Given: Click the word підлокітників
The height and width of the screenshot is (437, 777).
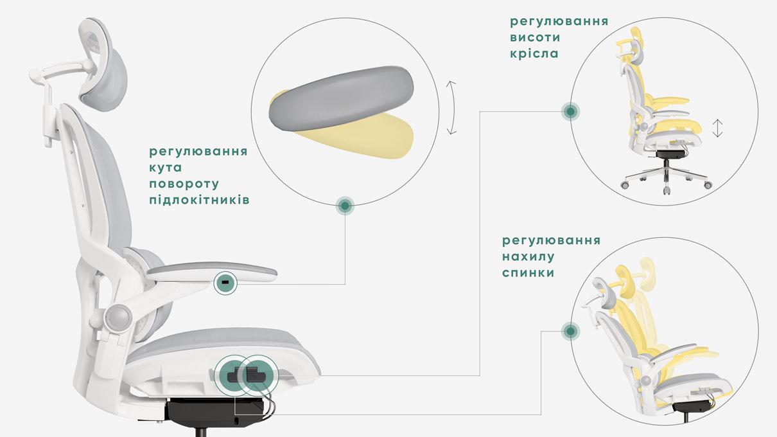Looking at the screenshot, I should click(x=199, y=200).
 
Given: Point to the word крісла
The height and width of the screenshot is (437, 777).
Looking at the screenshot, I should click(x=534, y=53).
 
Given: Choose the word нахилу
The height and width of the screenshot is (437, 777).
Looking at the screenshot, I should click(x=528, y=256).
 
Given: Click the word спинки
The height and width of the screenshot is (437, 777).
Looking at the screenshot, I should click(x=528, y=272).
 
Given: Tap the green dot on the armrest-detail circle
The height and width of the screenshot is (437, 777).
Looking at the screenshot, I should click(x=345, y=206).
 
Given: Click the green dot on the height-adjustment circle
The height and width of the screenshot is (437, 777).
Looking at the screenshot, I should click(x=570, y=112).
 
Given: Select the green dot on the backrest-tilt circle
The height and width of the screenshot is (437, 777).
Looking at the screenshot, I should click(x=570, y=332).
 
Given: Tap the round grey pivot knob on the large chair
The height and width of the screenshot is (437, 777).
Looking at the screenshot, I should click(x=119, y=317).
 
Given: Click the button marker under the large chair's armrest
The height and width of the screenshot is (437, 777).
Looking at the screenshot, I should click(x=225, y=282).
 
